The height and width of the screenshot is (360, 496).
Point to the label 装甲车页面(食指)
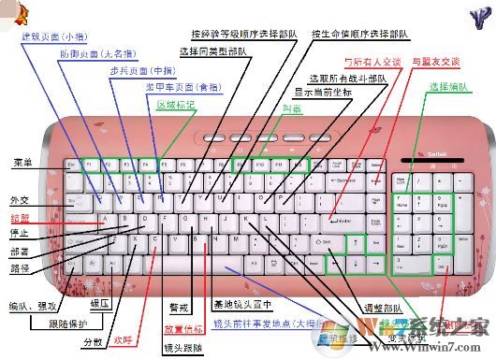tap(183, 87)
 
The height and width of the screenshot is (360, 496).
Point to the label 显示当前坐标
tap(327, 94)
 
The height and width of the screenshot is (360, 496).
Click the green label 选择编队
tap(448, 86)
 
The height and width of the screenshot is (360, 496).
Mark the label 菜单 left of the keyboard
tap(22, 163)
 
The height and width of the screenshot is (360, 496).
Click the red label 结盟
tap(20, 217)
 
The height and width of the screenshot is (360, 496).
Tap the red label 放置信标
tap(182, 328)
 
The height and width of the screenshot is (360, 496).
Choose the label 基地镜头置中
tap(241, 305)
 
